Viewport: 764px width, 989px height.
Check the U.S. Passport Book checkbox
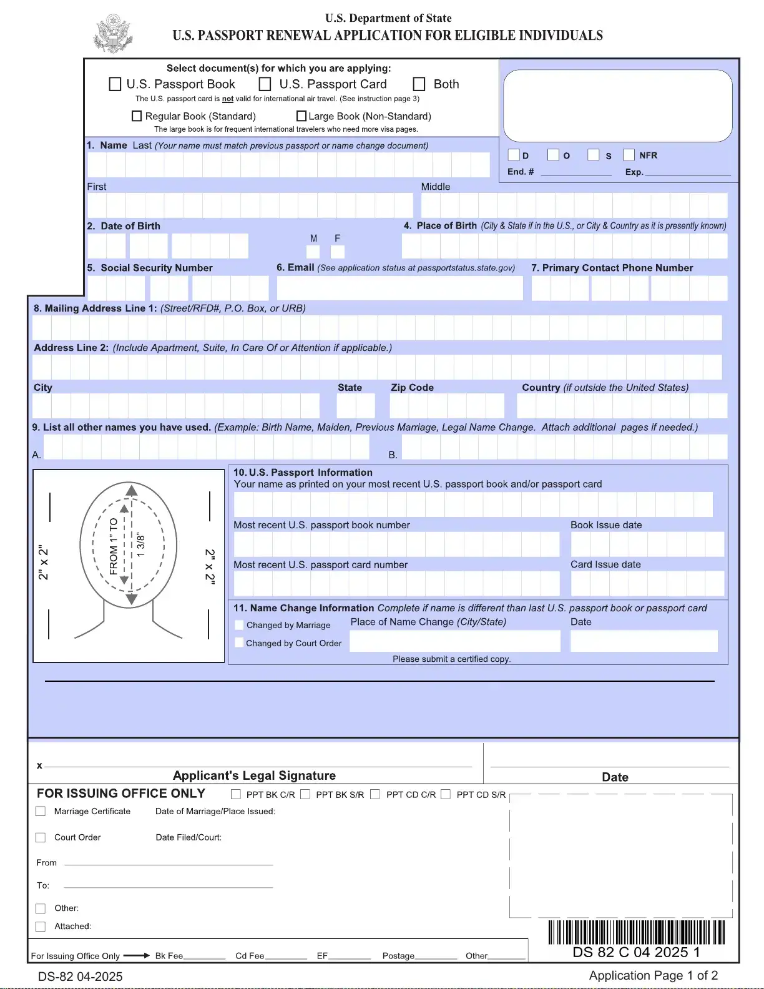(x=115, y=84)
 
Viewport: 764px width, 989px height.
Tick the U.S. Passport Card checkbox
(x=265, y=84)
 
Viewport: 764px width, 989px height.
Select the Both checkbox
(x=419, y=84)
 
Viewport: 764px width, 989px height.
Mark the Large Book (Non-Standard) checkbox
(x=301, y=116)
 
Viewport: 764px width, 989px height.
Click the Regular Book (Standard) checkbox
(x=137, y=116)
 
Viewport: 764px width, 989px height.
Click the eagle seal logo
(x=113, y=34)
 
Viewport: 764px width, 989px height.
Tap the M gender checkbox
(x=313, y=252)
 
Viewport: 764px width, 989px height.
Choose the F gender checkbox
(x=338, y=252)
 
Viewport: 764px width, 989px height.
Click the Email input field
(x=399, y=288)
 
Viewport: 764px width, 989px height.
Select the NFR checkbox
(x=629, y=155)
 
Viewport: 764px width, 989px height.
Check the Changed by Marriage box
(x=239, y=625)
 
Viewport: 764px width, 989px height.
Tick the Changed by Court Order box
(x=239, y=642)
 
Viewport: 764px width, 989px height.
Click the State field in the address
(x=356, y=406)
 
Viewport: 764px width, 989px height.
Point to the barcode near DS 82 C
(x=637, y=932)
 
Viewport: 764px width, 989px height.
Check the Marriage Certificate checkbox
(x=41, y=811)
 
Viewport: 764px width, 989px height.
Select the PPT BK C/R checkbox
(x=236, y=794)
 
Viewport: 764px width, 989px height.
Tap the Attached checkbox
(x=41, y=927)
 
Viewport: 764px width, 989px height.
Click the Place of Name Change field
(x=455, y=641)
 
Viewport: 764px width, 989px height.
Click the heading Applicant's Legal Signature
(x=254, y=775)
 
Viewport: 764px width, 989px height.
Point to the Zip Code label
(x=412, y=388)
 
